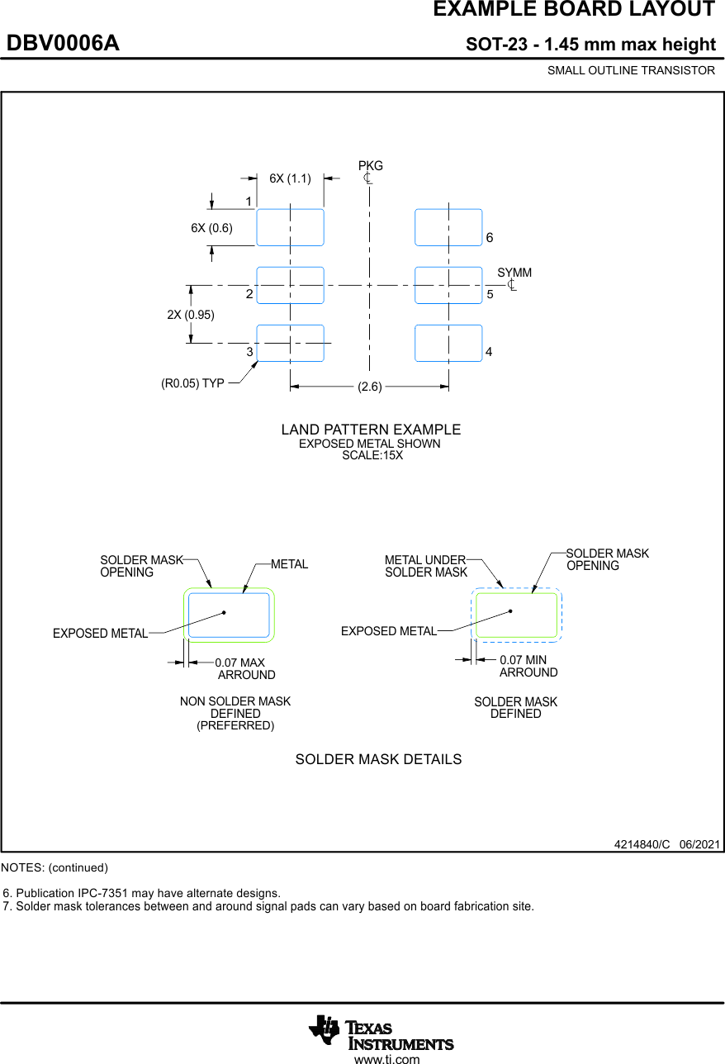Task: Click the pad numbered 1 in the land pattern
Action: point(290,227)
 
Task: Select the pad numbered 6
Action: point(448,227)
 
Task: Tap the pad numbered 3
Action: point(290,343)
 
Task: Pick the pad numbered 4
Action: point(448,343)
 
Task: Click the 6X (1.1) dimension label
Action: point(290,178)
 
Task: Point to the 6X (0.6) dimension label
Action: point(211,229)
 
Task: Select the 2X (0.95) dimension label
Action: point(191,315)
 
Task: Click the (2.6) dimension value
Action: point(370,387)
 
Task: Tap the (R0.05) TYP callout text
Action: point(192,383)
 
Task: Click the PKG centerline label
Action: point(370,166)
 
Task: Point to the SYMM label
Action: point(514,273)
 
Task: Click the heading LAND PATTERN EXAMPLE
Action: point(371,430)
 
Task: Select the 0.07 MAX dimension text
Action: point(239,663)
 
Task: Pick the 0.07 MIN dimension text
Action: point(524,660)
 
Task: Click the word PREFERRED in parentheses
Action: point(235,725)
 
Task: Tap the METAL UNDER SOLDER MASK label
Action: point(426,566)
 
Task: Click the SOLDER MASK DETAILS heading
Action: point(378,759)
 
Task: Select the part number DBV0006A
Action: point(63,44)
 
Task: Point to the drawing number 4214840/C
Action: point(642,844)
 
